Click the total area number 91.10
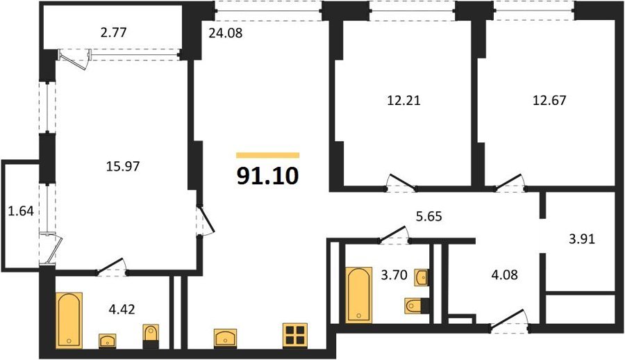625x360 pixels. (267, 176)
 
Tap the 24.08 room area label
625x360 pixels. (225, 33)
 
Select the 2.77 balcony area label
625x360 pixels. (114, 32)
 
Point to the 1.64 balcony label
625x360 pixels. (21, 211)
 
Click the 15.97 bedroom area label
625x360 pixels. (123, 165)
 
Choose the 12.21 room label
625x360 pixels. (403, 100)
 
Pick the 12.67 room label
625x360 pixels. (549, 100)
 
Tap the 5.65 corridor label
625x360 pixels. (429, 216)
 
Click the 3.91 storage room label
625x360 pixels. (581, 239)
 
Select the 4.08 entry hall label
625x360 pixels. (505, 275)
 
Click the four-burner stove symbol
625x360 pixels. (295, 334)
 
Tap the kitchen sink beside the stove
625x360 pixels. (225, 338)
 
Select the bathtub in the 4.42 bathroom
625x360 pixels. (69, 320)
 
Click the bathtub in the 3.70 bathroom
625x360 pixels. (359, 295)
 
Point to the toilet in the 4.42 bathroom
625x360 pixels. (151, 336)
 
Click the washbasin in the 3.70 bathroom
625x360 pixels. (422, 278)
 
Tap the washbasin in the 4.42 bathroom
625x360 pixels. (108, 341)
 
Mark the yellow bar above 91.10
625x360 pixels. (267, 155)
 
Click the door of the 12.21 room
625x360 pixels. (402, 181)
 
